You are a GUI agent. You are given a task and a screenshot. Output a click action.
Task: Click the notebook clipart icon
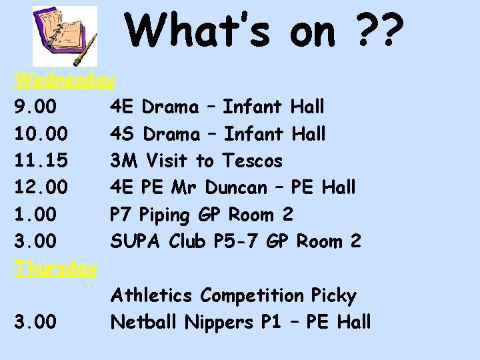point(65,36)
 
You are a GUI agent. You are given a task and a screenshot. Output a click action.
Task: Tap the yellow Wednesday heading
point(65,81)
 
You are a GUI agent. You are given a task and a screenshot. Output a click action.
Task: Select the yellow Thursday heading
point(57,269)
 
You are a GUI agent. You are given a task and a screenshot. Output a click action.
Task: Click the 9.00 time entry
point(35,107)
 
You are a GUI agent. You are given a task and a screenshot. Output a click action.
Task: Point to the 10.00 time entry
point(40,134)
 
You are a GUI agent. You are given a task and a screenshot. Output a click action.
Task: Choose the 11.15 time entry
point(40,161)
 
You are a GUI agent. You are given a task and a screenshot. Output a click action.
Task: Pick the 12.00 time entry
point(40,188)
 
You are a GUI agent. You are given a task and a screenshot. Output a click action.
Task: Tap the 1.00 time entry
point(35,215)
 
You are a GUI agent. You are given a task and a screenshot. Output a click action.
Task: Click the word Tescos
point(253,161)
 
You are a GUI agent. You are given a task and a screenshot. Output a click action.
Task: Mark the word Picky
point(333,296)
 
